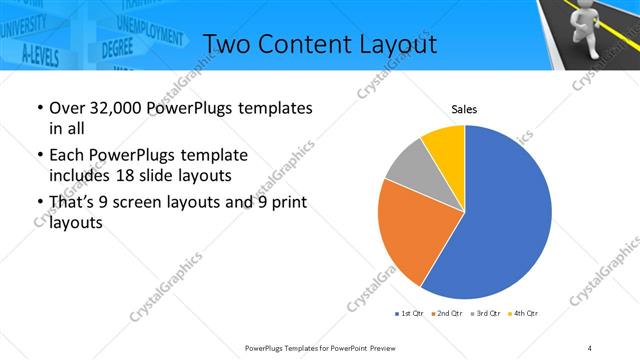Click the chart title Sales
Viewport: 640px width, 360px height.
(x=464, y=108)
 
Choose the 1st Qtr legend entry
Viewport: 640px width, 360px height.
(x=411, y=314)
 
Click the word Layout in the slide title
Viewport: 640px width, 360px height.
(x=393, y=44)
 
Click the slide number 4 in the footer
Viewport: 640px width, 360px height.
(x=590, y=347)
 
